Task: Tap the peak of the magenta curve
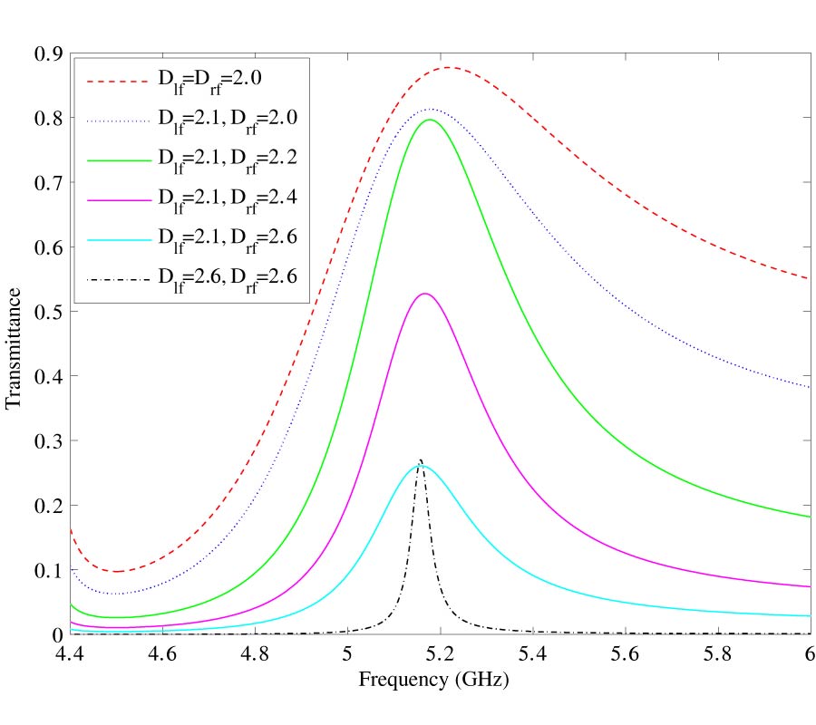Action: tap(423, 294)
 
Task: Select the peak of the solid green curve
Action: tap(430, 120)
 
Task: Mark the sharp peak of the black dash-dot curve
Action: tap(420, 459)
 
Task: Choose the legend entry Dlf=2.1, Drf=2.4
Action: tap(228, 197)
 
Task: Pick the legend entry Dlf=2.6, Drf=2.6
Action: tap(228, 275)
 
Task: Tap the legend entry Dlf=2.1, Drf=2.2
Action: tap(228, 158)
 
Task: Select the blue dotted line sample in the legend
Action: tap(117, 120)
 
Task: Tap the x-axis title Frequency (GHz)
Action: tap(440, 679)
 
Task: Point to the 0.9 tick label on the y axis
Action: tap(48, 54)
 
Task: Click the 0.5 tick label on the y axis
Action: tap(48, 312)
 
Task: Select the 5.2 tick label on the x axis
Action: tap(440, 653)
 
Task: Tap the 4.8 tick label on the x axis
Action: tap(255, 653)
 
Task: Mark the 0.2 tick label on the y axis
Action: tap(48, 506)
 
